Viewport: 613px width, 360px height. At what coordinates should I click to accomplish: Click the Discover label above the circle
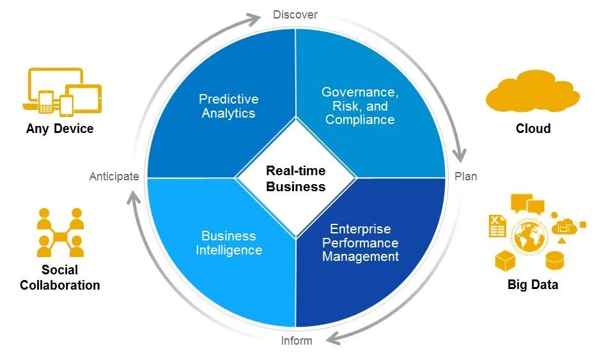(295, 15)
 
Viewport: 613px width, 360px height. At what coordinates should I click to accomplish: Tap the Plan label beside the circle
(466, 176)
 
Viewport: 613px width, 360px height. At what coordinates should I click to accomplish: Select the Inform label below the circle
(297, 341)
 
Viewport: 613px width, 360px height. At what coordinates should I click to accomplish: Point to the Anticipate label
(114, 176)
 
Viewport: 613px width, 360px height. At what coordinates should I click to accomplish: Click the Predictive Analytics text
(228, 106)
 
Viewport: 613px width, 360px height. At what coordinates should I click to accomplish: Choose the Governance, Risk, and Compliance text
(360, 106)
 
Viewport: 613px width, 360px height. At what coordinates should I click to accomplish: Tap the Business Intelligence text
(228, 243)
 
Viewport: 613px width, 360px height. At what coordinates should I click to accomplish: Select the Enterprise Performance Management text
(361, 242)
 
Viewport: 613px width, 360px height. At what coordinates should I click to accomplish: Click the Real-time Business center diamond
(295, 178)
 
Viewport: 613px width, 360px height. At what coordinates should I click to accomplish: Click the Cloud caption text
(533, 129)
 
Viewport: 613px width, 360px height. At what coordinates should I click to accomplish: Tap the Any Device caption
(60, 129)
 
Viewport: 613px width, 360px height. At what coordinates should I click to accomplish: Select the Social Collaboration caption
(60, 278)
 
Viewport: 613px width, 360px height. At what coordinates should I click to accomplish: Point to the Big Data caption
(532, 285)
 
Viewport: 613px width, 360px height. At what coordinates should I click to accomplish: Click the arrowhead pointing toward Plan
(459, 155)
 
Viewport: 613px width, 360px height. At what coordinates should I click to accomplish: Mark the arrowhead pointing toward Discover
(256, 19)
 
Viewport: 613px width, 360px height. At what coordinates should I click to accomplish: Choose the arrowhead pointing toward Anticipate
(133, 197)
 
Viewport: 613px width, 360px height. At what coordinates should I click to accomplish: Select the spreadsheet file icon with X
(497, 226)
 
